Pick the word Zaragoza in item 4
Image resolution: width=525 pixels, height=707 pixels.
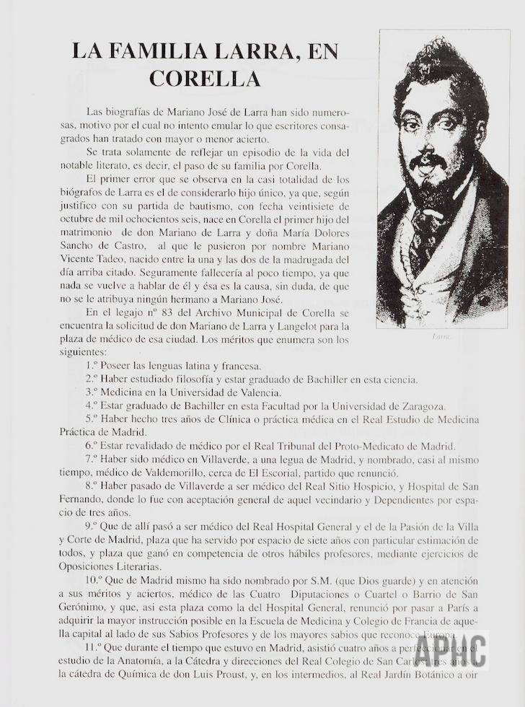[421, 405]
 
